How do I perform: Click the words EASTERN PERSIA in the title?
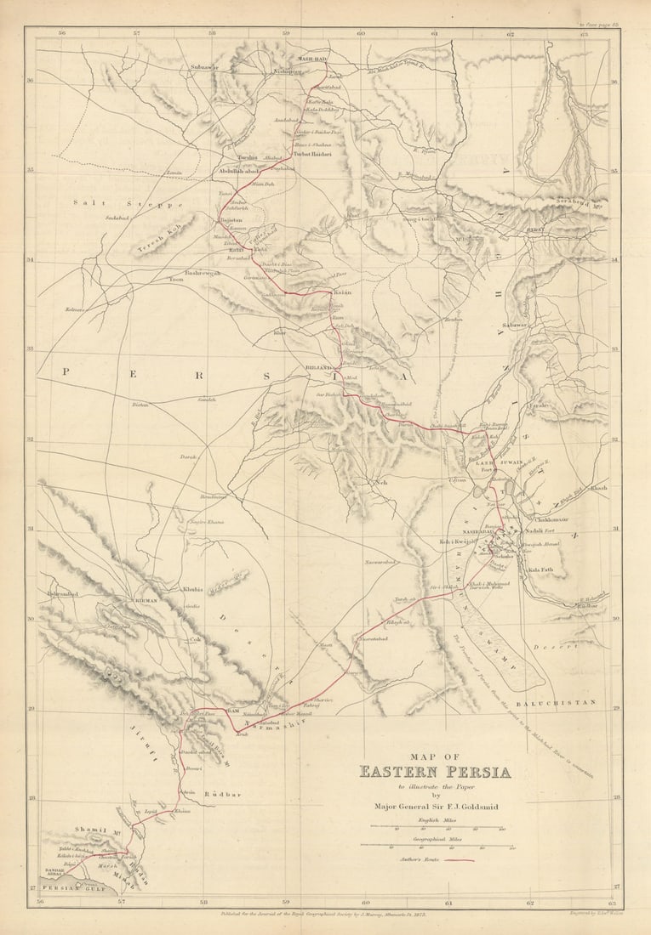click(435, 773)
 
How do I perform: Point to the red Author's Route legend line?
click(457, 859)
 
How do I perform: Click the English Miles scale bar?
click(435, 827)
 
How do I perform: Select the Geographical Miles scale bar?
click(435, 846)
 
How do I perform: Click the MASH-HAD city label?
click(311, 59)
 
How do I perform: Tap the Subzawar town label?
click(204, 65)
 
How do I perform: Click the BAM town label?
click(232, 708)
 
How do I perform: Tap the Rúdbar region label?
click(223, 795)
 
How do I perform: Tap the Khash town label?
click(598, 488)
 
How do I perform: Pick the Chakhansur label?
click(551, 518)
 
